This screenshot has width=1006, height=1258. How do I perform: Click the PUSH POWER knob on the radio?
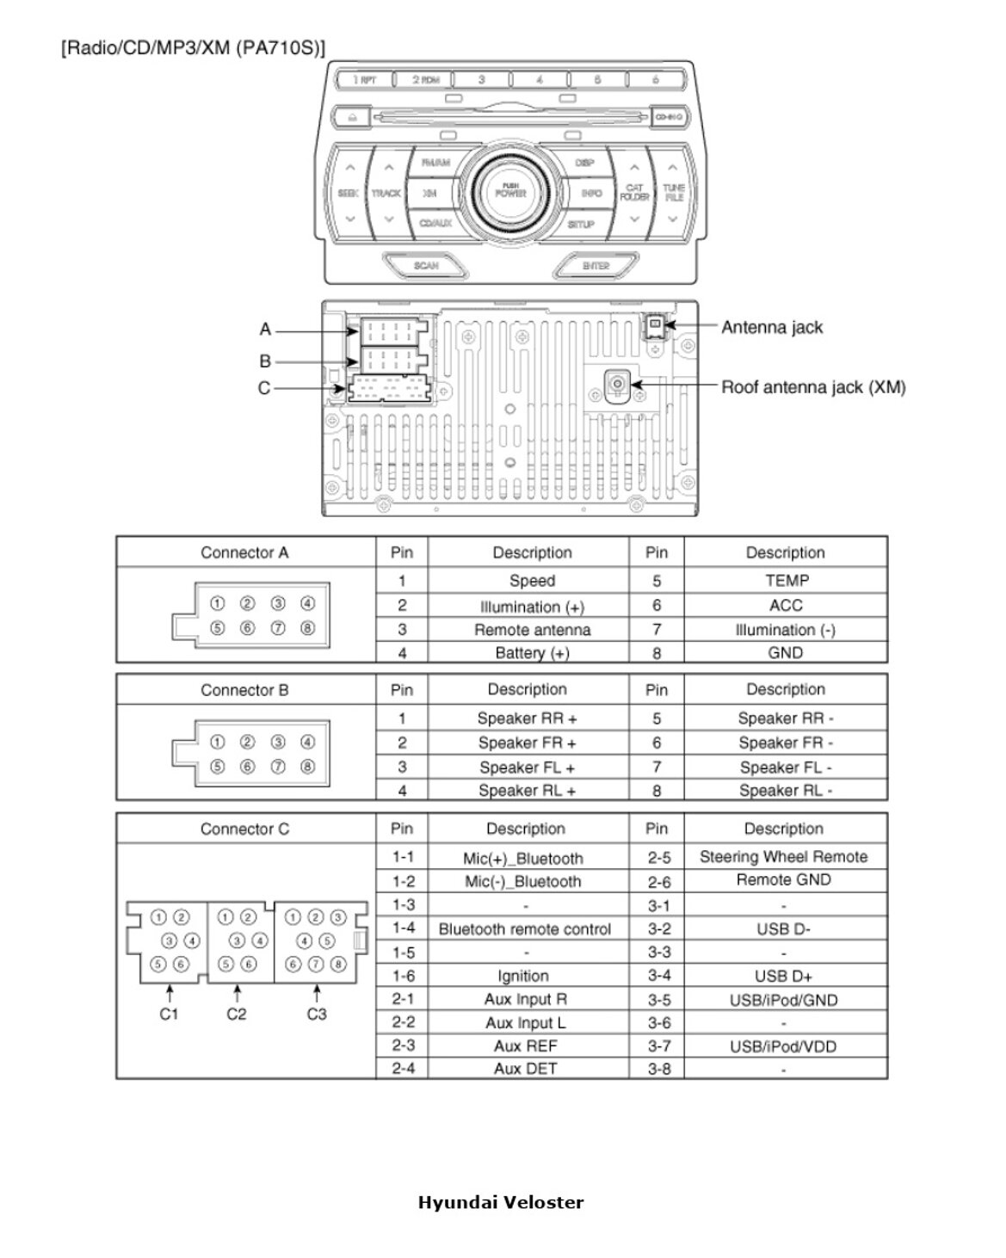point(510,191)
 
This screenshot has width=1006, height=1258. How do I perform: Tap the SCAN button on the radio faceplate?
point(426,266)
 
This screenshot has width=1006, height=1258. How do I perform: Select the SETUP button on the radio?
point(581,225)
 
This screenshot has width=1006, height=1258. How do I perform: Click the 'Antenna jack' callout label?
point(771,327)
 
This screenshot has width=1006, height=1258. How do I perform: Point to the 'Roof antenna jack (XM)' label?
point(812,387)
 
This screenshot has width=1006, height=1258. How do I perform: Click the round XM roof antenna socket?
point(616,383)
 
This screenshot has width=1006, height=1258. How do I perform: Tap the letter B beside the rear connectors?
point(265,361)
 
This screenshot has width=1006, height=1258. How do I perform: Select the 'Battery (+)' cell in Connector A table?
point(532,653)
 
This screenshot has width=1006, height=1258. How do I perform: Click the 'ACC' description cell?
point(785,606)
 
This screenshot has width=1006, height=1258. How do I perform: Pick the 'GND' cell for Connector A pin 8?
point(785,653)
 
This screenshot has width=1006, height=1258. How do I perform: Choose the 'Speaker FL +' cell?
point(527,768)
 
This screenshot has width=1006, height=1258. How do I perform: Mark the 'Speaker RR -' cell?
point(785,718)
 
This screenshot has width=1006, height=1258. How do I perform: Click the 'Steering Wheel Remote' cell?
point(783,857)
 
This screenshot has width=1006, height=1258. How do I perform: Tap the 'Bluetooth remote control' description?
point(525,929)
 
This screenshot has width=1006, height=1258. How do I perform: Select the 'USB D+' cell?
point(783,976)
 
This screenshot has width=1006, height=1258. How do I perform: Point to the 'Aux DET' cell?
point(525,1069)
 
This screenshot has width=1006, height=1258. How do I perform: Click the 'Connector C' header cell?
point(244,829)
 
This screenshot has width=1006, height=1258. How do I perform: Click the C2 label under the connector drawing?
point(237,1014)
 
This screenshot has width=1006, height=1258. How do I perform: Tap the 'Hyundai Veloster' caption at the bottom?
point(501,1202)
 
